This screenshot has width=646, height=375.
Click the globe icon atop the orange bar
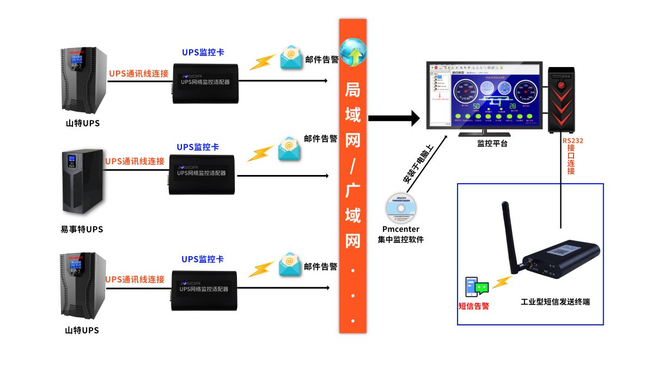click(353, 52)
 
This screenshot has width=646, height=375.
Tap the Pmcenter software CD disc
click(400, 209)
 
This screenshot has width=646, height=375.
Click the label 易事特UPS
click(82, 229)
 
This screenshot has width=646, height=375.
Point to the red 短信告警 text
click(473, 306)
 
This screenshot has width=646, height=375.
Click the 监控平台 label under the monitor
click(492, 144)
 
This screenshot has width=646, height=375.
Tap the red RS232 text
click(573, 141)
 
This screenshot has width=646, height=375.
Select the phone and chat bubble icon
click(476, 287)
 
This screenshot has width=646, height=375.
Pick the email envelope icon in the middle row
click(289, 149)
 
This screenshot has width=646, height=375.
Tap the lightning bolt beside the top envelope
click(262, 62)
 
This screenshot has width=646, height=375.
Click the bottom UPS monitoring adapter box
click(205, 291)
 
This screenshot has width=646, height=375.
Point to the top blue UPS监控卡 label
click(203, 53)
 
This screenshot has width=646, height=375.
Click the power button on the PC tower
click(561, 84)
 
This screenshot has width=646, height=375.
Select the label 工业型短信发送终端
click(555, 302)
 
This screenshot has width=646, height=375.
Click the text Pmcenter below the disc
click(400, 229)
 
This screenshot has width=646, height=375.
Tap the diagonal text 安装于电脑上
click(418, 164)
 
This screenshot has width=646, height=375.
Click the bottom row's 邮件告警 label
click(321, 267)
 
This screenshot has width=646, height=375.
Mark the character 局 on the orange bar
click(353, 90)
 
